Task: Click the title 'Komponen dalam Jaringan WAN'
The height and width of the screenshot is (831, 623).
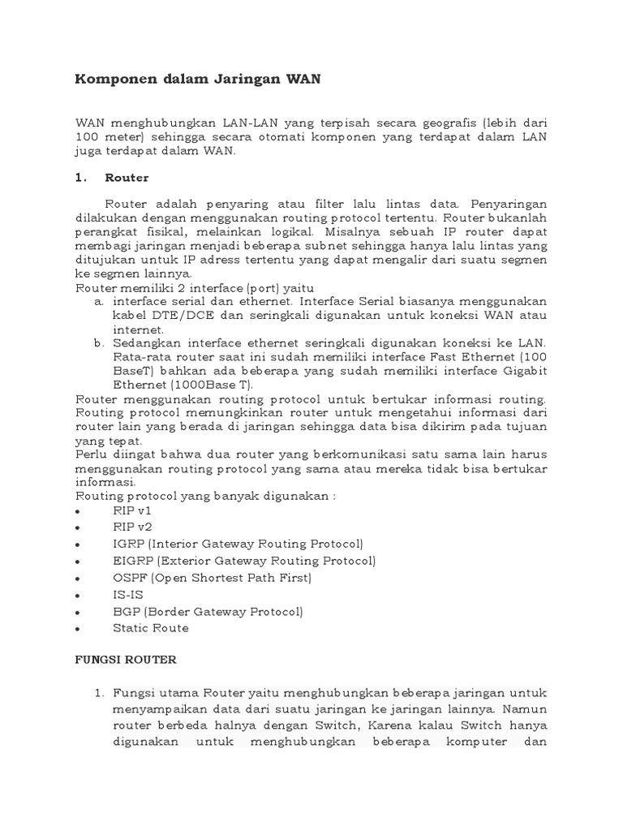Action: (x=198, y=79)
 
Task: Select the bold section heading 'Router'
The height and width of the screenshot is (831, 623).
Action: (x=127, y=177)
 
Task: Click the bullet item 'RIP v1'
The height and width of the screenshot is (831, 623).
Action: (x=132, y=510)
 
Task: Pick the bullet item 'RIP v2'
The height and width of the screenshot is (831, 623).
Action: (x=132, y=527)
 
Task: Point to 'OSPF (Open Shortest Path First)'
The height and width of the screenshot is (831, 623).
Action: (x=213, y=578)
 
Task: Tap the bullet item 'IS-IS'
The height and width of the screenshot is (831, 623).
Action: (x=127, y=594)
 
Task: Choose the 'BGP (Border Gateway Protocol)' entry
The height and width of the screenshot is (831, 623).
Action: (x=208, y=611)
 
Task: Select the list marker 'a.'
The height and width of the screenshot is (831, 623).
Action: (x=100, y=301)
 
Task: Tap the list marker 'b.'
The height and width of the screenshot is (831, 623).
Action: (x=100, y=343)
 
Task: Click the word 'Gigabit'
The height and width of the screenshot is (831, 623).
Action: (x=524, y=371)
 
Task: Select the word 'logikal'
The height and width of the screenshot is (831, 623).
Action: (x=324, y=230)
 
